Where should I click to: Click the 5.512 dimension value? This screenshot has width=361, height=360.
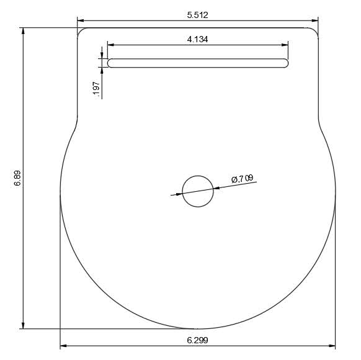tap(197, 14)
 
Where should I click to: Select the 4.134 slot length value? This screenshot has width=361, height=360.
tap(197, 39)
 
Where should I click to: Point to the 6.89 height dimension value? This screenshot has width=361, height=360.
tap(17, 178)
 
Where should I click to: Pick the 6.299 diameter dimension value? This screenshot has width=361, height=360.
tap(197, 340)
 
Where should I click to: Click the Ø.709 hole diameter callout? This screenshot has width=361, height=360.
tap(242, 179)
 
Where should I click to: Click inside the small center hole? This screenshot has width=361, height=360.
tap(198, 191)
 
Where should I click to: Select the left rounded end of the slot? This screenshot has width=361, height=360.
tap(110, 63)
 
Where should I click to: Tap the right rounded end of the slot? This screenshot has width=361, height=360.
tap(285, 63)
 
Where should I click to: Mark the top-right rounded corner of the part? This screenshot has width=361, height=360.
tap(316, 30)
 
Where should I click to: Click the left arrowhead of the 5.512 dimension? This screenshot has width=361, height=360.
tap(81, 20)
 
